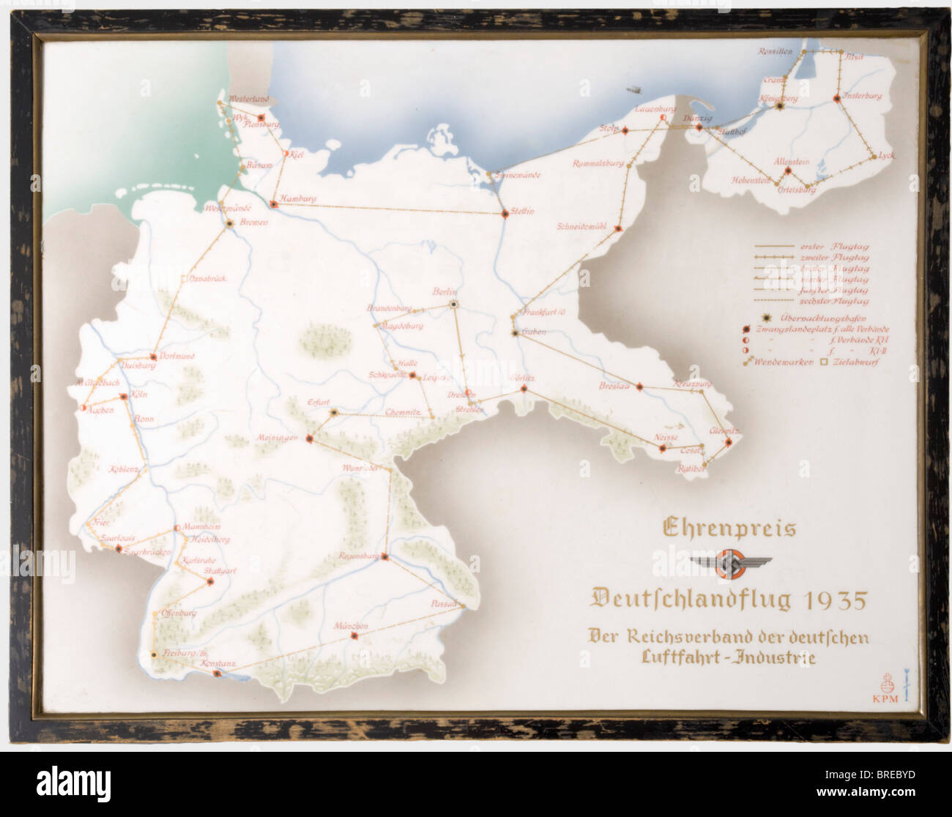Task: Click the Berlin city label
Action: [x=445, y=291]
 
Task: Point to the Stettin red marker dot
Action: [x=505, y=214]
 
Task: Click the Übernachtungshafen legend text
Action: [x=825, y=318]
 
